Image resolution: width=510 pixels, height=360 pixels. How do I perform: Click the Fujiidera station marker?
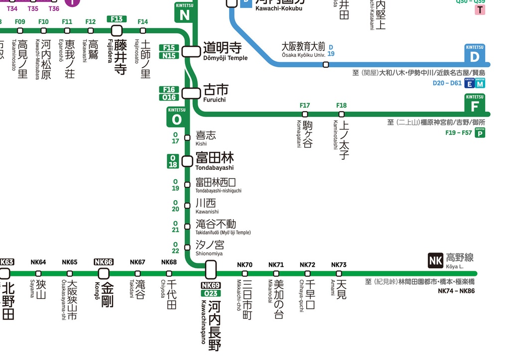point(117,31)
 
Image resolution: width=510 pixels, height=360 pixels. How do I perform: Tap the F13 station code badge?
point(117,19)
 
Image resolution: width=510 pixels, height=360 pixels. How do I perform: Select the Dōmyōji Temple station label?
point(222,51)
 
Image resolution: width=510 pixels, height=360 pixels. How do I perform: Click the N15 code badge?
point(169,56)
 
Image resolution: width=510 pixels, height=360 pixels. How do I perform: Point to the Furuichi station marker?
point(191,93)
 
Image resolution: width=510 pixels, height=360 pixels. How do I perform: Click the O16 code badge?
point(169,98)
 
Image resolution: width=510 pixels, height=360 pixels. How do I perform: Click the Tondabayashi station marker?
point(187,161)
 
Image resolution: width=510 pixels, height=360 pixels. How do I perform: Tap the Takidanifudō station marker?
point(187,227)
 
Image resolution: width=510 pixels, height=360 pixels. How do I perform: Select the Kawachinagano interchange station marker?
point(211,270)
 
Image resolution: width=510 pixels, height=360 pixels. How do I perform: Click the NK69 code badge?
point(211,285)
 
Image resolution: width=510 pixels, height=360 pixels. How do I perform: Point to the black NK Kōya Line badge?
point(435,260)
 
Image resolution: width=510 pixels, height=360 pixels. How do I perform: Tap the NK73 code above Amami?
point(339,265)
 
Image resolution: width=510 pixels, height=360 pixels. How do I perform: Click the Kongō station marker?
point(104,273)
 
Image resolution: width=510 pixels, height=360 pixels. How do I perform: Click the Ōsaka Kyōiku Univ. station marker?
point(326,64)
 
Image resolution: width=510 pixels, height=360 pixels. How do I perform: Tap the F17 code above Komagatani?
point(305,106)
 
